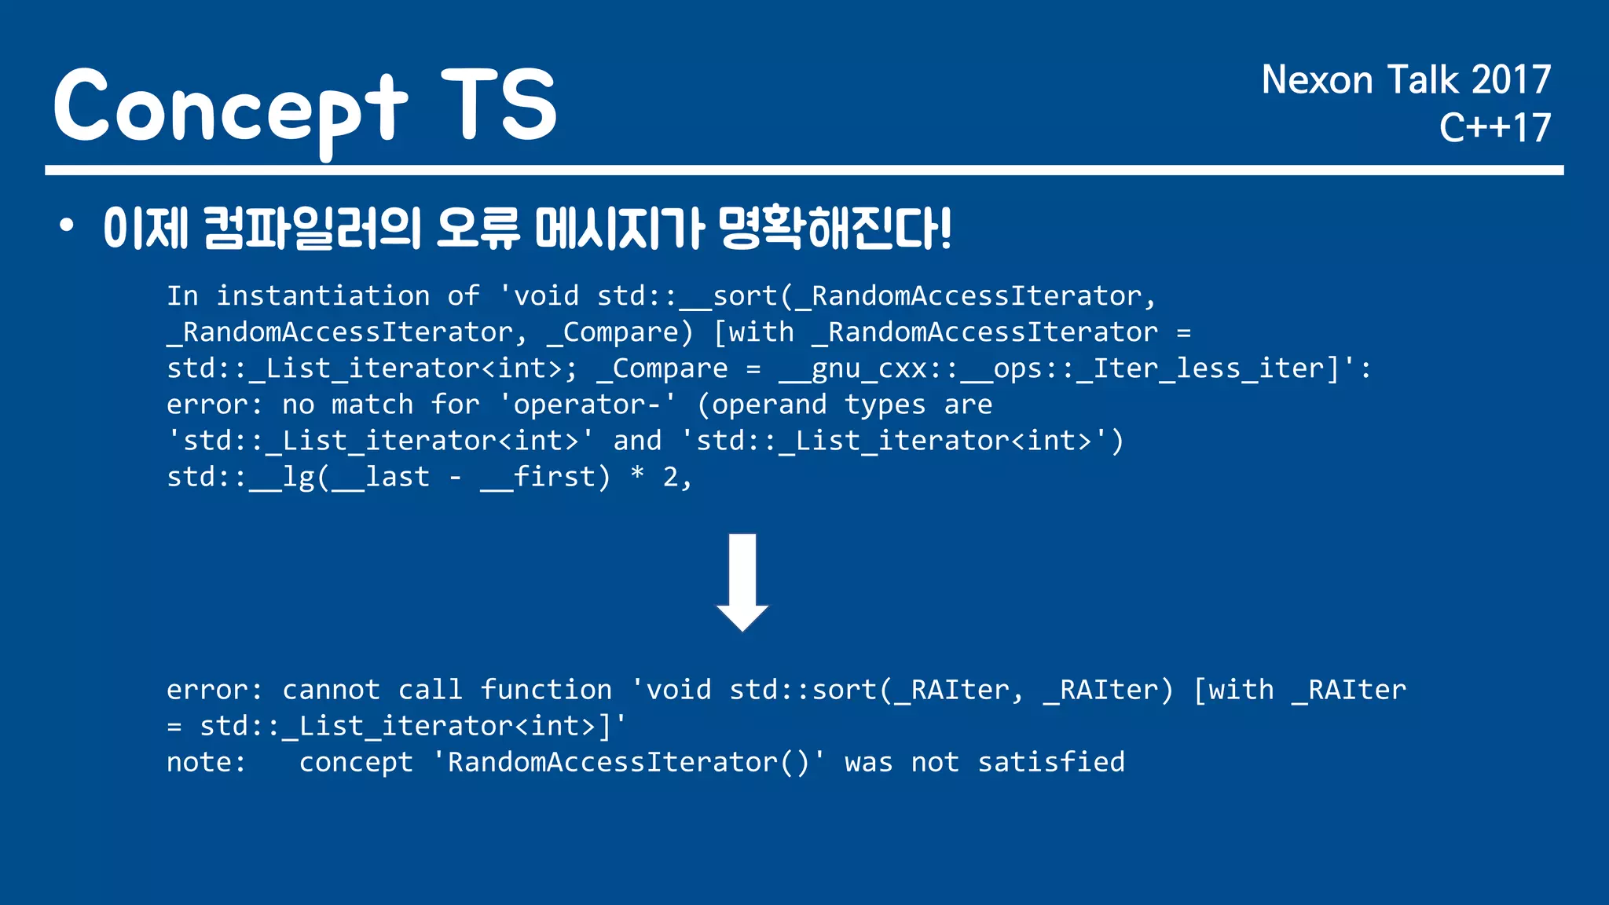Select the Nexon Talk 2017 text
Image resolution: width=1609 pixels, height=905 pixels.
[x=1406, y=80]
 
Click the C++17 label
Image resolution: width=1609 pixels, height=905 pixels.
[x=1494, y=128]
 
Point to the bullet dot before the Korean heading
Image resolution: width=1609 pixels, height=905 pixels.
[x=67, y=226]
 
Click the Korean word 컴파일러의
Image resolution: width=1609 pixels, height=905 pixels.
[x=312, y=229]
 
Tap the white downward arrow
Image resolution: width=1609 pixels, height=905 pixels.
[x=742, y=582]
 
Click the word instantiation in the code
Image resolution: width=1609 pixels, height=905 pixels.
[x=323, y=296]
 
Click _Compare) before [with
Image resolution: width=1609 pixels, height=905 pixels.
[x=620, y=332]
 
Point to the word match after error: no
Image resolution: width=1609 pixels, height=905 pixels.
[x=372, y=405]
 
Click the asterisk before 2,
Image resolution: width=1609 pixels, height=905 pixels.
[x=637, y=474]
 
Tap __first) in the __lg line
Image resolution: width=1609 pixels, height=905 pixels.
[x=545, y=477]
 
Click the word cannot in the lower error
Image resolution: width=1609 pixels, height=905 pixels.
[x=331, y=690]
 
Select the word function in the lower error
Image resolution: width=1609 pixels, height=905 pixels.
[x=545, y=690]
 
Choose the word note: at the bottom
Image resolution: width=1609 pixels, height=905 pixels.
[x=206, y=762]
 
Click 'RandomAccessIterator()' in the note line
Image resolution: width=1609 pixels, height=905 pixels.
[x=629, y=762]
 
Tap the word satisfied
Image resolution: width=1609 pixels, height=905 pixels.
[x=1050, y=762]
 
